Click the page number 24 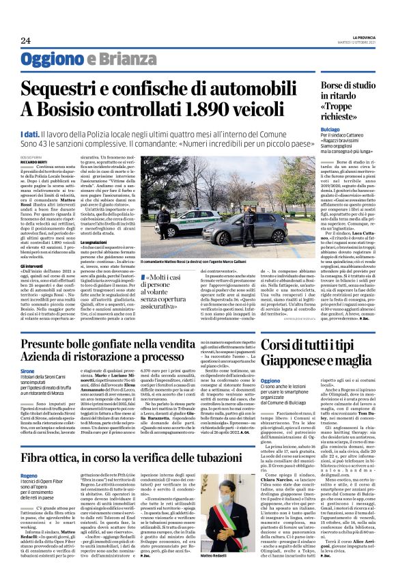coord(25,40)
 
